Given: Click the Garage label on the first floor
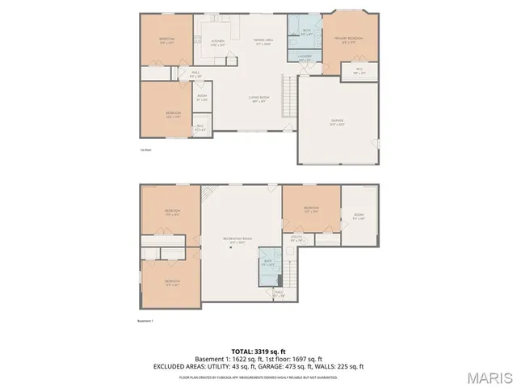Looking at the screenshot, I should [337, 121].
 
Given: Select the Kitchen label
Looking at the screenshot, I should [217, 42].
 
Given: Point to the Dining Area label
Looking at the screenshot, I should [262, 40].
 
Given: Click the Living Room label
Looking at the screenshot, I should [258, 99].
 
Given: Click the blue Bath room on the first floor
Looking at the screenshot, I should [307, 32].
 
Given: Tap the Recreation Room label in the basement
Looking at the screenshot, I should [238, 239].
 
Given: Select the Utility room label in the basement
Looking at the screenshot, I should [296, 238].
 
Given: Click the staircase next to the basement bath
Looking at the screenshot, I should [291, 267].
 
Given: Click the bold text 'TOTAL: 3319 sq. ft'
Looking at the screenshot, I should [258, 352].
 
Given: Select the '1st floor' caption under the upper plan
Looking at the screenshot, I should [145, 150].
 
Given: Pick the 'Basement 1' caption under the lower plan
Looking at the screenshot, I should [146, 321].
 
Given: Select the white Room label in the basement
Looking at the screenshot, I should [359, 215].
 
